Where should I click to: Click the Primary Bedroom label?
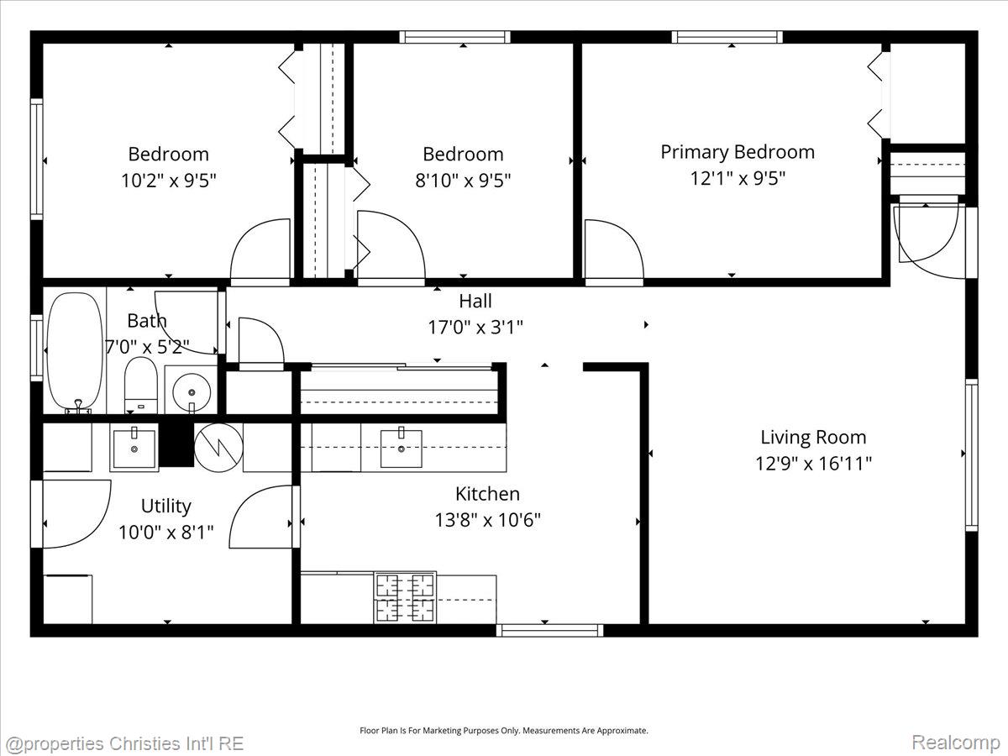[x=738, y=152]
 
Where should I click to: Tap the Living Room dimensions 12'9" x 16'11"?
[x=813, y=464]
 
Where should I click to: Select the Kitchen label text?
[x=488, y=494]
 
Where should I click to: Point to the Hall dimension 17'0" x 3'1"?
[x=475, y=328]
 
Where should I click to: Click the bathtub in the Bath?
[x=75, y=352]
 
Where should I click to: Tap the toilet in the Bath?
[x=141, y=386]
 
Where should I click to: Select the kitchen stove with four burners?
[x=405, y=597]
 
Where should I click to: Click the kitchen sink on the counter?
[x=401, y=448]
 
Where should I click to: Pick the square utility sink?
[x=134, y=448]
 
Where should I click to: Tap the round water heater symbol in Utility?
[x=218, y=447]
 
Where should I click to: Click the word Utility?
[x=165, y=506]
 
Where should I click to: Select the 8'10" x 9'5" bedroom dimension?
[x=463, y=181]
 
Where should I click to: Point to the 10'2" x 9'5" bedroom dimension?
[x=169, y=181]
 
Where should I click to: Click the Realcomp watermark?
[x=956, y=742]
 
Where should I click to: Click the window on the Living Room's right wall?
[x=971, y=455]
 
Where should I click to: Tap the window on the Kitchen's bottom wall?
[x=549, y=630]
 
